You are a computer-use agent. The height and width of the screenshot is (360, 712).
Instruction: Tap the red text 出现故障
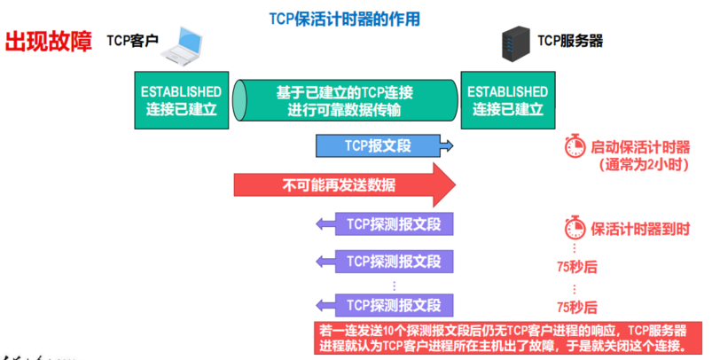(49, 42)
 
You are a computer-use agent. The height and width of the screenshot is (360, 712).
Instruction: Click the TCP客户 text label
(133, 40)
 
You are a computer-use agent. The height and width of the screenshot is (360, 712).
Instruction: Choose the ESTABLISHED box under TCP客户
(181, 100)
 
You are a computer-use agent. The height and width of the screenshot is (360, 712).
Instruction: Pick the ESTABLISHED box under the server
(507, 100)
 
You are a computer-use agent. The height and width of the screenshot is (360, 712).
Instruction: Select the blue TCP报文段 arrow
(384, 145)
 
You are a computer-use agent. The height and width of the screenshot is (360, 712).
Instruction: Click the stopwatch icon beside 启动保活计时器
(575, 146)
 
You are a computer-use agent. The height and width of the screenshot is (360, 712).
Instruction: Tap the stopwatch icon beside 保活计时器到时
(575, 227)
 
